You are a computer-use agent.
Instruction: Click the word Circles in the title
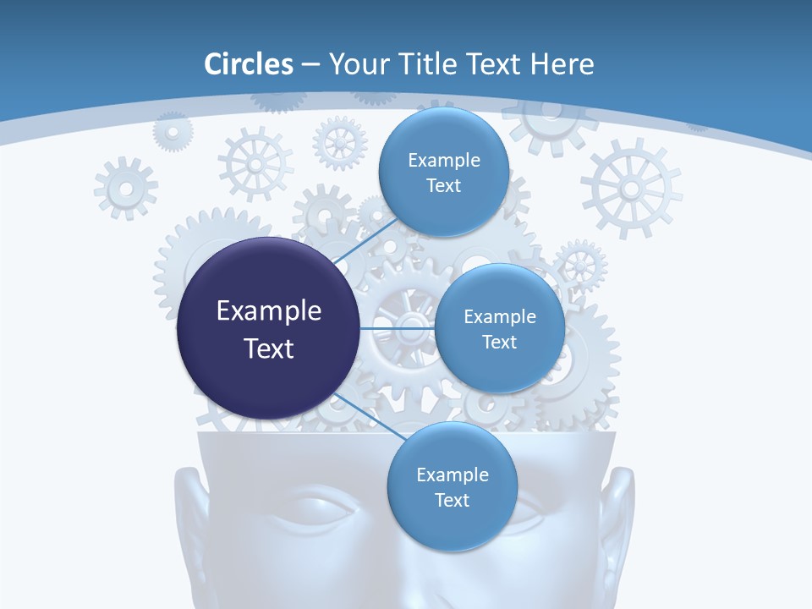click(x=248, y=64)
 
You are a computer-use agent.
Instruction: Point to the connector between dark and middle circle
click(x=398, y=327)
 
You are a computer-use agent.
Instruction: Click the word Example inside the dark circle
click(x=269, y=311)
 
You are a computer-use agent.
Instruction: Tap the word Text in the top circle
click(x=442, y=186)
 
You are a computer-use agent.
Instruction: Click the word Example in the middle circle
click(x=499, y=317)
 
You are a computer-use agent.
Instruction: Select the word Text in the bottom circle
click(x=452, y=501)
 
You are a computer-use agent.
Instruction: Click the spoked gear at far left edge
click(x=125, y=187)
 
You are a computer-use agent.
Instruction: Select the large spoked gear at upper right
click(x=631, y=188)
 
